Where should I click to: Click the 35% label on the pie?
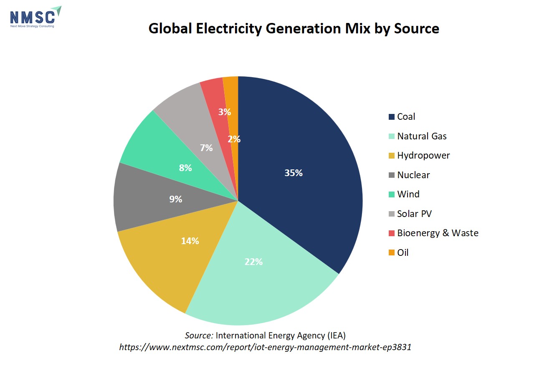294,173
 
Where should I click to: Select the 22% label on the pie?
253,262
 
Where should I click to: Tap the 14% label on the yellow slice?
190,241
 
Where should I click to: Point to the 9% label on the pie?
175,199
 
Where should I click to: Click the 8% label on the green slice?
185,168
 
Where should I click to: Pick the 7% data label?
206,148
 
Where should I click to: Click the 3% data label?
225,112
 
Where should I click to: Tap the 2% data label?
234,139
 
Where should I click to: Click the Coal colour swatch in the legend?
392,117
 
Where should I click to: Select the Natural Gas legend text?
422,136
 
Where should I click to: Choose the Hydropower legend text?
423,156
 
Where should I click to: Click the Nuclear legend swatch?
392,175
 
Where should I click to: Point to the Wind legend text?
408,194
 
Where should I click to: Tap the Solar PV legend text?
415,214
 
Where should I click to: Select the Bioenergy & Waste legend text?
438,233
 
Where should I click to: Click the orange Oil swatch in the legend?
392,252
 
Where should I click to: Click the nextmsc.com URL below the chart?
265,347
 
